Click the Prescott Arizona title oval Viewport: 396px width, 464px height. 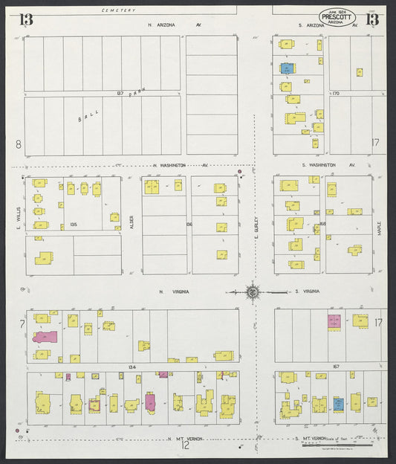pyautogui.click(x=338, y=16)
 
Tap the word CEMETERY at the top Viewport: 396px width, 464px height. pyautogui.click(x=119, y=10)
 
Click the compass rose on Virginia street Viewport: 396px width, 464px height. pyautogui.click(x=253, y=291)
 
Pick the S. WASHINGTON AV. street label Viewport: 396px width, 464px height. pyautogui.click(x=329, y=164)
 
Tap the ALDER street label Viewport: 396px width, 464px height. pyautogui.click(x=132, y=222)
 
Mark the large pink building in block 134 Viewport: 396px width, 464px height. pyautogui.click(x=45, y=337)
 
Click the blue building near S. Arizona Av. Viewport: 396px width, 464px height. pyautogui.click(x=287, y=68)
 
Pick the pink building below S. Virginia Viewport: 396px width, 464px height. pyautogui.click(x=335, y=321)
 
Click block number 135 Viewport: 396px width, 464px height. pyautogui.click(x=74, y=224)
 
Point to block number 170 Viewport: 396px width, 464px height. pyautogui.click(x=336, y=94)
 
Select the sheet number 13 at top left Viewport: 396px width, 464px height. pyautogui.click(x=26, y=20)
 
